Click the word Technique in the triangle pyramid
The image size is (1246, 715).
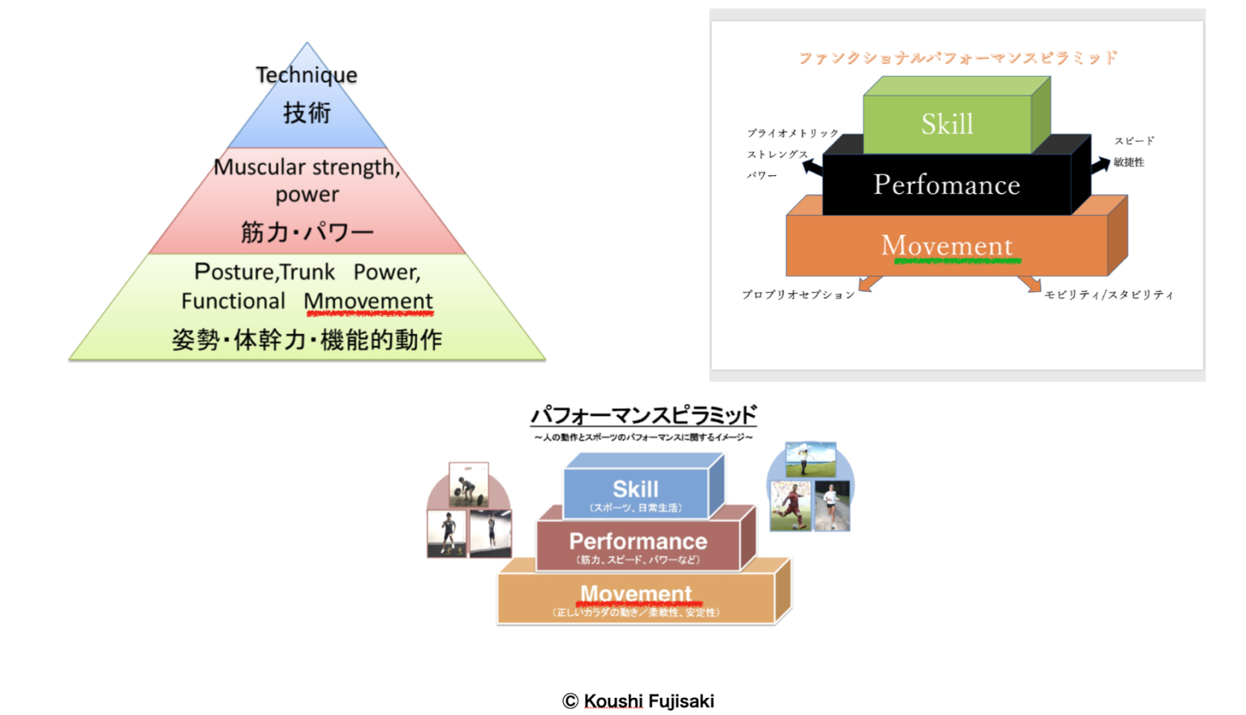click(307, 75)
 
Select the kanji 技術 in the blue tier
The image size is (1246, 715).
click(307, 113)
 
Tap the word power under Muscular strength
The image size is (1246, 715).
click(307, 195)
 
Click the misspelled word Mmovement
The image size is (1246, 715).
click(368, 301)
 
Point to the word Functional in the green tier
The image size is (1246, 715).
click(233, 301)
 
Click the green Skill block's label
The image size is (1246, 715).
click(947, 124)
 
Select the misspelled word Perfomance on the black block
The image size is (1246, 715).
click(947, 185)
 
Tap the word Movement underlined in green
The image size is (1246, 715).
click(947, 246)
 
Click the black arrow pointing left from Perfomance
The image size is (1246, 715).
click(812, 167)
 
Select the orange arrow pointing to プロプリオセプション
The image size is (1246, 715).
click(870, 283)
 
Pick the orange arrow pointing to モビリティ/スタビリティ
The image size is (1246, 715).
click(1029, 283)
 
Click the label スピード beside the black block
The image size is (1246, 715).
click(1134, 141)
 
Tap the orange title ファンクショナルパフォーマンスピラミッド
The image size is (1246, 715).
click(957, 58)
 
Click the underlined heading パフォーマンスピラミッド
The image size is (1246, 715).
click(643, 415)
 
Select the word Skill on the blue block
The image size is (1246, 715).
click(635, 489)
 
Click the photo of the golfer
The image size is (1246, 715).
click(810, 460)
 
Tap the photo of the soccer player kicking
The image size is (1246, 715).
click(790, 506)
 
